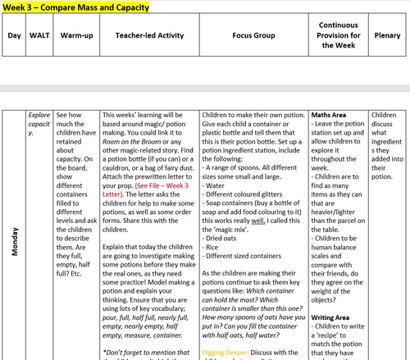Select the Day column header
(x=14, y=36)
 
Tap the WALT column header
(x=39, y=36)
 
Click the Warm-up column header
(x=76, y=36)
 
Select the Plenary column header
(x=387, y=36)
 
